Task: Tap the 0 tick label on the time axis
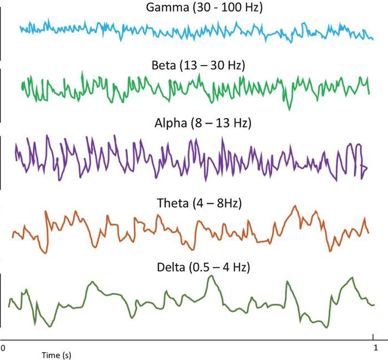(3, 346)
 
